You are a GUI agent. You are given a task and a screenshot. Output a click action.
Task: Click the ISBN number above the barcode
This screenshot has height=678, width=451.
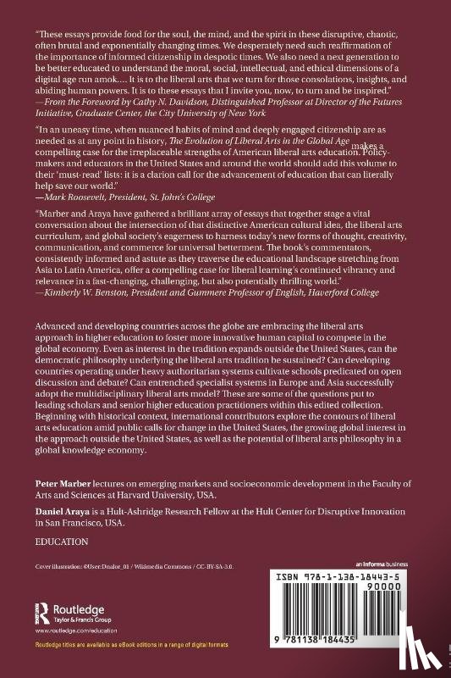[x=353, y=575]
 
